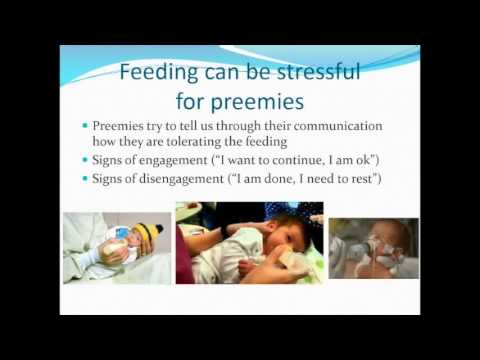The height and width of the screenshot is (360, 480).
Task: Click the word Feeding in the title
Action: (159, 72)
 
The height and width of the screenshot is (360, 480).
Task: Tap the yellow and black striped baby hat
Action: (148, 236)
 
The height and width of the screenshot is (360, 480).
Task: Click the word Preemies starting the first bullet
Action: (120, 126)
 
